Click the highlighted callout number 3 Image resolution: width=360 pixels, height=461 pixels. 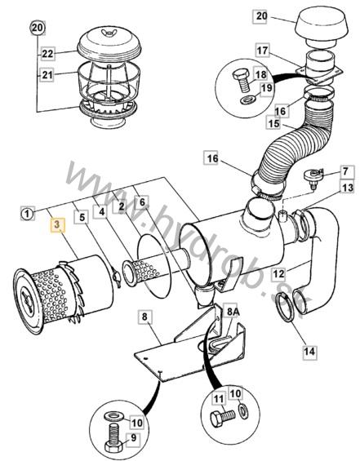[x=57, y=224]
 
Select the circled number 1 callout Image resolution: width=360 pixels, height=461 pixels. [x=27, y=214]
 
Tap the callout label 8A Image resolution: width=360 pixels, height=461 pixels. [x=233, y=312]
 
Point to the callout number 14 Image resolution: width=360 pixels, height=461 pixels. [x=309, y=352]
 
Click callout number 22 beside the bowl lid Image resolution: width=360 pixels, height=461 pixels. [x=47, y=54]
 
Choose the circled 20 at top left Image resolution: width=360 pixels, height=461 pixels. [x=38, y=28]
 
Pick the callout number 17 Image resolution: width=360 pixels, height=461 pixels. [x=262, y=51]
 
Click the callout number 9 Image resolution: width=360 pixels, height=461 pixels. [x=134, y=438]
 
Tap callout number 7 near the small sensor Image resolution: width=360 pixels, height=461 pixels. [x=345, y=171]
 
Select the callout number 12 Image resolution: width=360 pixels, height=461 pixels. [x=279, y=273]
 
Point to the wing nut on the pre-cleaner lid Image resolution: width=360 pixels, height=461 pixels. [x=107, y=32]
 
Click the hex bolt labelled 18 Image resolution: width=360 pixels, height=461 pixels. [x=242, y=81]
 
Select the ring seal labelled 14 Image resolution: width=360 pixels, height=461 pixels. [x=286, y=309]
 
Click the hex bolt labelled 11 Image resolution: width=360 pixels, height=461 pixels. [x=223, y=417]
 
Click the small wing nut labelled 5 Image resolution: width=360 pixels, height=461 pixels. [x=116, y=277]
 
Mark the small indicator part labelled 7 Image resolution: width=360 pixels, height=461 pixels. [x=313, y=177]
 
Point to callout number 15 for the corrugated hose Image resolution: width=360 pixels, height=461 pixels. [x=273, y=123]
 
